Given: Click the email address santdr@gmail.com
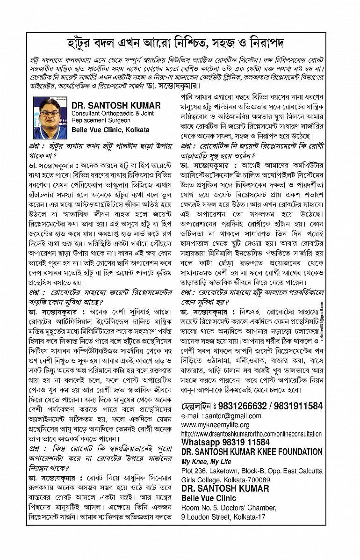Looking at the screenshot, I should click(221, 415).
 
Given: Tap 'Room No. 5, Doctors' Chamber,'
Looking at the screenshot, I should click(228, 508).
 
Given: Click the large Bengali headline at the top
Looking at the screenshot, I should click(180, 43).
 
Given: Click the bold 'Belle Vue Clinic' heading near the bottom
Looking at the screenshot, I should click(209, 498).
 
